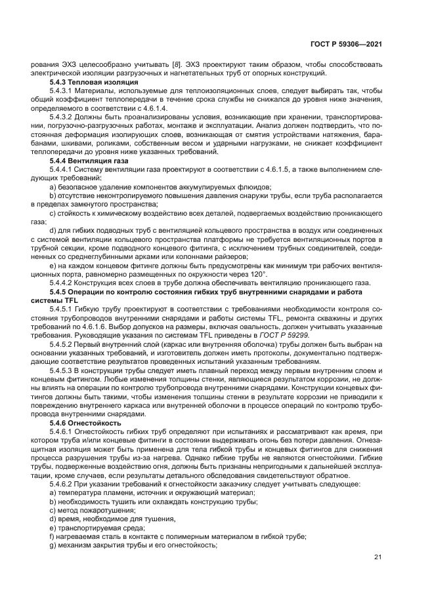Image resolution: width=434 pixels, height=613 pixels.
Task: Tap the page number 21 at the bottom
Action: click(378, 557)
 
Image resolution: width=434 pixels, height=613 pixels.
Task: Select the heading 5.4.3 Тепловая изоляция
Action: click(94, 83)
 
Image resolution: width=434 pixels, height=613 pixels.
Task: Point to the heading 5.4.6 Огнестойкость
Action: click(85, 424)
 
